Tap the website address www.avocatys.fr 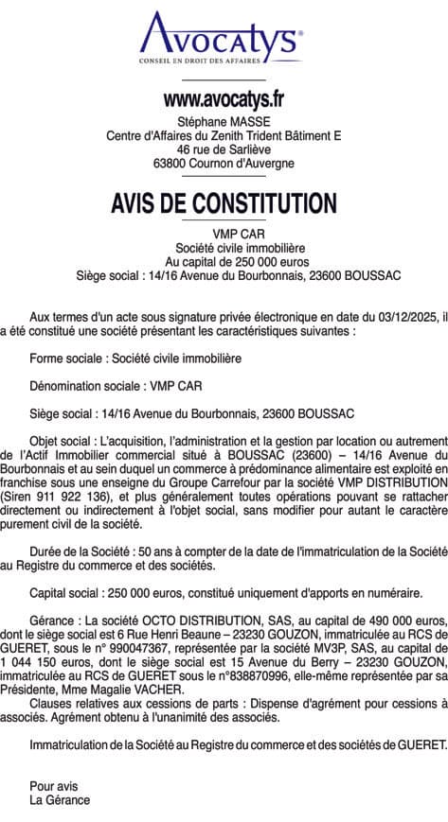(x=224, y=97)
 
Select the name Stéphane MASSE (x=224, y=121)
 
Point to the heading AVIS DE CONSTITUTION (x=224, y=203)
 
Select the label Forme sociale (x=67, y=359)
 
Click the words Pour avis (x=53, y=786)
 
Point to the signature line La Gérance (x=60, y=800)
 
